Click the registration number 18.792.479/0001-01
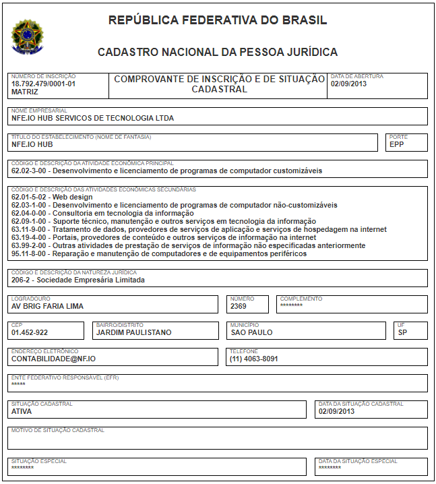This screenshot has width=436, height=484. click(43, 84)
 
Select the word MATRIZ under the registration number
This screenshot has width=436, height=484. click(25, 92)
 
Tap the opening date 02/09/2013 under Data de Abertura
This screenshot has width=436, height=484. click(348, 84)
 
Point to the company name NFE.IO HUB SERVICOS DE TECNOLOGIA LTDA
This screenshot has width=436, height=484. click(92, 118)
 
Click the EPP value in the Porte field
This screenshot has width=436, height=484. click(396, 144)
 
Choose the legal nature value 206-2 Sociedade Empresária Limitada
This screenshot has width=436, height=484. click(77, 280)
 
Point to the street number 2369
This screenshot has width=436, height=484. click(239, 306)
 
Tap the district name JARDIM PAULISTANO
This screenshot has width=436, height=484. click(134, 332)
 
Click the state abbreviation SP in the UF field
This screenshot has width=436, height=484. click(402, 332)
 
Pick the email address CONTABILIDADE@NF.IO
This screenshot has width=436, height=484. click(53, 359)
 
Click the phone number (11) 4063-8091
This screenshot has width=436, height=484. click(254, 359)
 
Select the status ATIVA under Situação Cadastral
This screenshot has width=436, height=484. click(22, 411)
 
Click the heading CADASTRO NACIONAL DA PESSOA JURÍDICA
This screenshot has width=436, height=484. click(218, 52)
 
